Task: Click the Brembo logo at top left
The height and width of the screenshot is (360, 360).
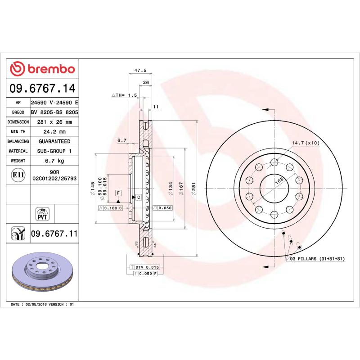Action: click(42, 69)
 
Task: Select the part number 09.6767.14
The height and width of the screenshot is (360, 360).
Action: click(42, 87)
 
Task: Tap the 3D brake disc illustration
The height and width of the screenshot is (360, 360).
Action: click(42, 272)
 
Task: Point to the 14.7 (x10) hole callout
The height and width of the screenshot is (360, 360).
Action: click(306, 143)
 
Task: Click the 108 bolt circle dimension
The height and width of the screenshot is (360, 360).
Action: click(279, 180)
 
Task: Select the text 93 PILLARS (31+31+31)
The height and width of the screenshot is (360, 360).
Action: click(317, 259)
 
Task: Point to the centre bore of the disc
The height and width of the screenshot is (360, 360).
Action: click(273, 182)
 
